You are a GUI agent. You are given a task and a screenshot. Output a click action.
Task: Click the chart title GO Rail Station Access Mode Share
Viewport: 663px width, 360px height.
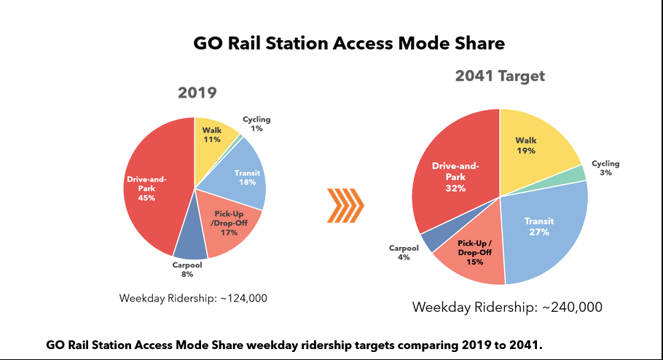[x=349, y=44]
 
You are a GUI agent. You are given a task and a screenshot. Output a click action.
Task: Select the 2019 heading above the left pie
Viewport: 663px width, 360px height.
[x=197, y=93]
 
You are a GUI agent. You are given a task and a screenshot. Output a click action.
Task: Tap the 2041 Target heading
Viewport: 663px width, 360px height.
[x=500, y=77]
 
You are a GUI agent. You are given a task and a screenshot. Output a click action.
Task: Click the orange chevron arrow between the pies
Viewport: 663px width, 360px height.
[x=343, y=206]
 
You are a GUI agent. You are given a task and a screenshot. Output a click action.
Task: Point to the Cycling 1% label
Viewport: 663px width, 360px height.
[x=256, y=124]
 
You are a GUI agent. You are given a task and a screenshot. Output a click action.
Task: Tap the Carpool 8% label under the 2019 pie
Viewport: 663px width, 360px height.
[x=188, y=270]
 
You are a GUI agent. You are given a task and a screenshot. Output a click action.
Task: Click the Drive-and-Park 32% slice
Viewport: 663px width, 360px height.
[x=452, y=179]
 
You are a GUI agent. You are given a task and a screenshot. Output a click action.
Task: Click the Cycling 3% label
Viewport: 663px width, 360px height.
[x=605, y=169]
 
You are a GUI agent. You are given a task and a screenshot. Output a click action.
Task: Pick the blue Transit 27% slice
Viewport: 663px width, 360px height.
[x=543, y=226]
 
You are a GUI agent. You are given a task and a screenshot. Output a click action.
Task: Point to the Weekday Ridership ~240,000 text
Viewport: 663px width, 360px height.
[x=507, y=307]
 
